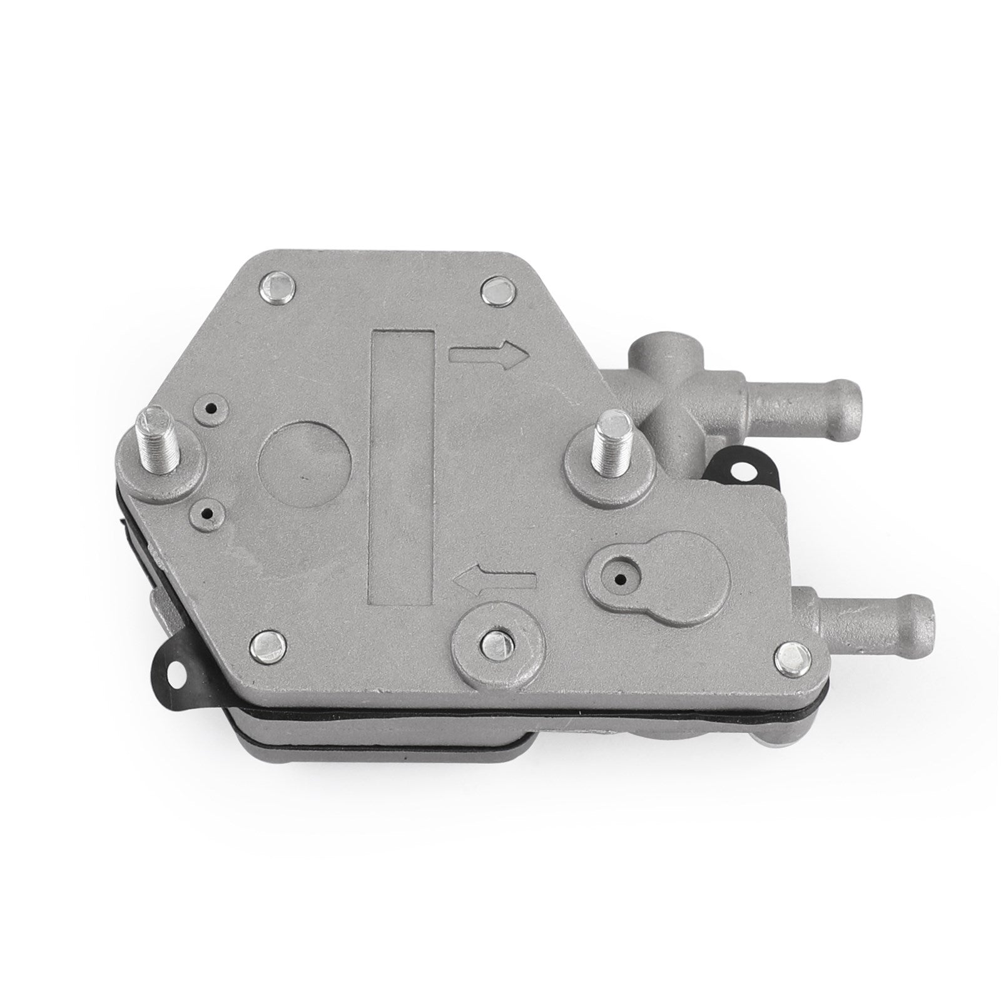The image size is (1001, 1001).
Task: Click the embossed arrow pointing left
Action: (x=494, y=579)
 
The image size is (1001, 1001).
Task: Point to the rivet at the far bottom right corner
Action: (x=793, y=657)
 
